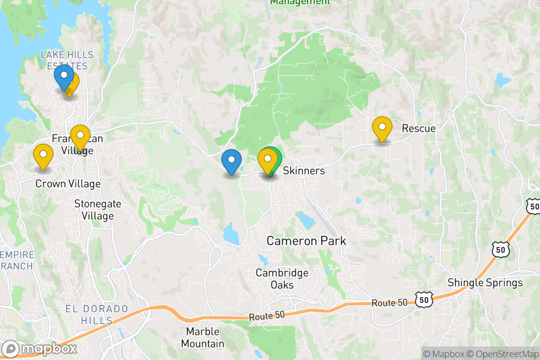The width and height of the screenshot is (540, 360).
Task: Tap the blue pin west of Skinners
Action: click(x=231, y=162)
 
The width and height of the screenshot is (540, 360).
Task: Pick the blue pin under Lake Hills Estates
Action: click(x=63, y=77)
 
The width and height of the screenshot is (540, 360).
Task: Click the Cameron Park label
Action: click(x=306, y=241)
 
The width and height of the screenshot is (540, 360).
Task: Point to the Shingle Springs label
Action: click(x=485, y=283)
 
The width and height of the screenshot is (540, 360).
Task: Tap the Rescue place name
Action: click(x=418, y=128)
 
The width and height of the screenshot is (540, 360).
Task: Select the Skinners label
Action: click(x=304, y=171)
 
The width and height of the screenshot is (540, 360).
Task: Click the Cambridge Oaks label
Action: click(x=282, y=279)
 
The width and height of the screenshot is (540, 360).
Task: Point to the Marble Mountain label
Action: click(x=205, y=337)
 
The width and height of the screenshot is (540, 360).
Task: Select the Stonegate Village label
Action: click(x=98, y=210)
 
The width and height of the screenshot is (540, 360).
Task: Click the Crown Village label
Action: click(x=67, y=184)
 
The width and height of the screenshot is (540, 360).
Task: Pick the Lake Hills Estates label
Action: click(x=67, y=60)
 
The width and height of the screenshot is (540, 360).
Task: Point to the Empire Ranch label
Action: click(x=17, y=260)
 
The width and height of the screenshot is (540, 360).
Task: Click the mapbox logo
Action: click(x=40, y=349)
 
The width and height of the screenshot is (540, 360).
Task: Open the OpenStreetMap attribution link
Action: click(x=503, y=353)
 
